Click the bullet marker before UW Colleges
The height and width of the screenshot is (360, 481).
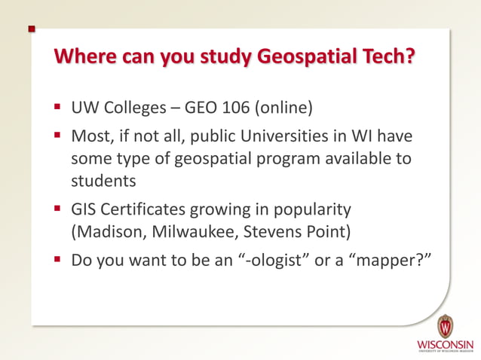click(57, 107)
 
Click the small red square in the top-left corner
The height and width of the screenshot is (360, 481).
click(32, 29)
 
